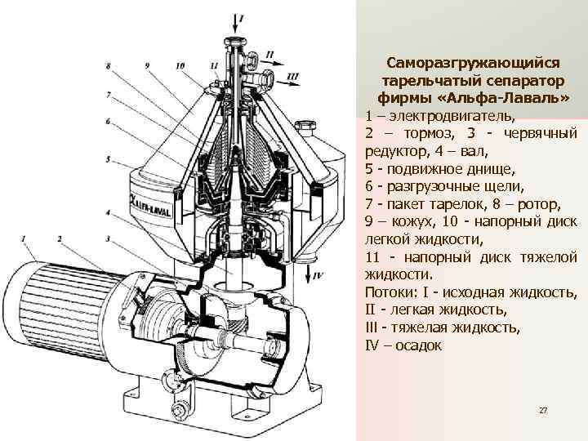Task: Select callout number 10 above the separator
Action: pyautogui.click(x=180, y=65)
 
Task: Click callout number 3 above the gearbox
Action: pyautogui.click(x=108, y=238)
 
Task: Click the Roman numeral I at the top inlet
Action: pyautogui.click(x=239, y=18)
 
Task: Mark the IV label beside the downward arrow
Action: pyautogui.click(x=318, y=276)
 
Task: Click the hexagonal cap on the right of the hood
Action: pyautogui.click(x=307, y=129)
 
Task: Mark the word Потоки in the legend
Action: pyautogui.click(x=389, y=292)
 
